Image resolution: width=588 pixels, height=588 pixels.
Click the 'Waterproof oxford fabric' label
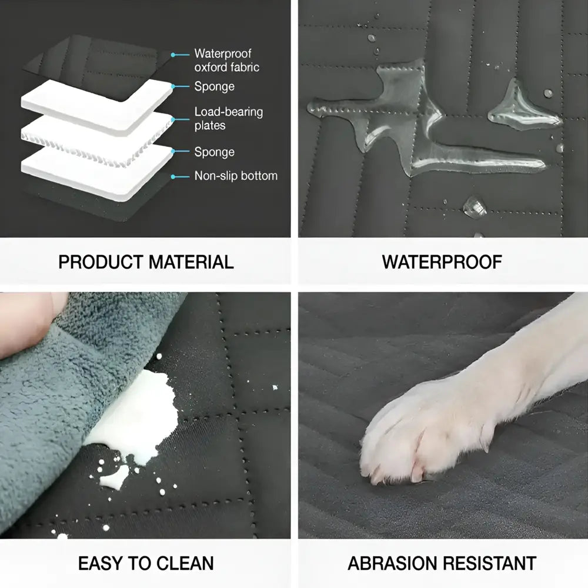coord(226,61)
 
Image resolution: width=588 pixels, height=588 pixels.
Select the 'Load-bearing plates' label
coord(228,118)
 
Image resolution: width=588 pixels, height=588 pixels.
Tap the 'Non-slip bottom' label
coord(236,176)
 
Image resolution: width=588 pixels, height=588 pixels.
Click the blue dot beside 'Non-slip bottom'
coord(172,176)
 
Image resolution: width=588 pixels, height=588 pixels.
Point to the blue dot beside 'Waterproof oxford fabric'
coord(172,55)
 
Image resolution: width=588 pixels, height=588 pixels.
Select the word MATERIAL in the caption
coord(189,262)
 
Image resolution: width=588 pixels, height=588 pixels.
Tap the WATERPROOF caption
coord(442,262)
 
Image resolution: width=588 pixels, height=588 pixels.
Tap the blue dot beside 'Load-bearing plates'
coord(172,118)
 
